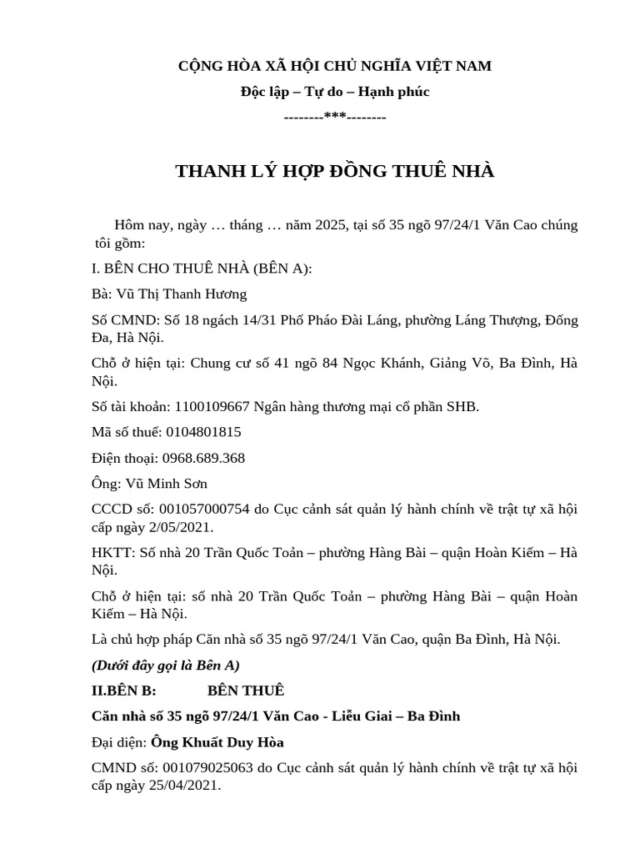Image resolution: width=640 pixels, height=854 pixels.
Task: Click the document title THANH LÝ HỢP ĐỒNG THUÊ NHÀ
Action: pyautogui.click(x=334, y=172)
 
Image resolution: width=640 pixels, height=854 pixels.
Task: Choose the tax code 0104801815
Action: pyautogui.click(x=203, y=432)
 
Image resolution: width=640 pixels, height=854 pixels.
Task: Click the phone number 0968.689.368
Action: pyautogui.click(x=203, y=458)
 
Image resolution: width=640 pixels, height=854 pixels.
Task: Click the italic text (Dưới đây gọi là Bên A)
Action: pyautogui.click(x=165, y=665)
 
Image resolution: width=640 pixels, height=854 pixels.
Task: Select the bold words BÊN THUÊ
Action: pyautogui.click(x=246, y=690)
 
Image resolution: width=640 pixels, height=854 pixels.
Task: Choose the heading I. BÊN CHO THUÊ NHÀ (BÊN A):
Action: pyautogui.click(x=202, y=269)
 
